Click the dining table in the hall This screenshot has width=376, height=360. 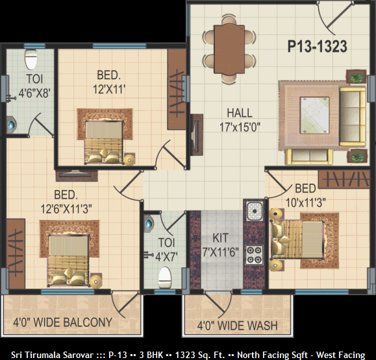pyautogui.click(x=229, y=49)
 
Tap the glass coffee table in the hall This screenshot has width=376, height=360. pyautogui.click(x=314, y=115)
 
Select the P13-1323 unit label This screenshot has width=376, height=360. pyautogui.click(x=317, y=47)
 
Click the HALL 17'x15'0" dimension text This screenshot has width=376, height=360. pyautogui.click(x=240, y=120)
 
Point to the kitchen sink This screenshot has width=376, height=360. pyautogui.click(x=255, y=211)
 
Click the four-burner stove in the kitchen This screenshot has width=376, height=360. pyautogui.click(x=254, y=255)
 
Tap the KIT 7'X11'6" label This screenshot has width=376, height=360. pyautogui.click(x=221, y=245)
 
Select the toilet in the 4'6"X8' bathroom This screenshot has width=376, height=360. pyautogui.click(x=31, y=60)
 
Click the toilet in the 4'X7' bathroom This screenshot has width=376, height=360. pyautogui.click(x=165, y=278)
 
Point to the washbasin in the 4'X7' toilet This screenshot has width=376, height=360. pyautogui.click(x=149, y=224)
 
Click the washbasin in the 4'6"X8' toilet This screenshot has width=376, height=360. pyautogui.click(x=11, y=125)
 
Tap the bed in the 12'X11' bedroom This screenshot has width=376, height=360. pyautogui.click(x=103, y=143)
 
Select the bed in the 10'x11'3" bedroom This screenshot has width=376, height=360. pyautogui.click(x=297, y=240)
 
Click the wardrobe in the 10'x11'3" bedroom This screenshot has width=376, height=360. pyautogui.click(x=344, y=179)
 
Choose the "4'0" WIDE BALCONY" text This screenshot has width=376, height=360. pyautogui.click(x=63, y=322)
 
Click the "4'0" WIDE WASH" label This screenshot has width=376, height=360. pyautogui.click(x=238, y=326)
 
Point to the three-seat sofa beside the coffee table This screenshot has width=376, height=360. pyautogui.click(x=353, y=117)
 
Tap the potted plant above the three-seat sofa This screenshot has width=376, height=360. pyautogui.click(x=357, y=77)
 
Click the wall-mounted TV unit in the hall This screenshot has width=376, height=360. pyautogui.click(x=197, y=135)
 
